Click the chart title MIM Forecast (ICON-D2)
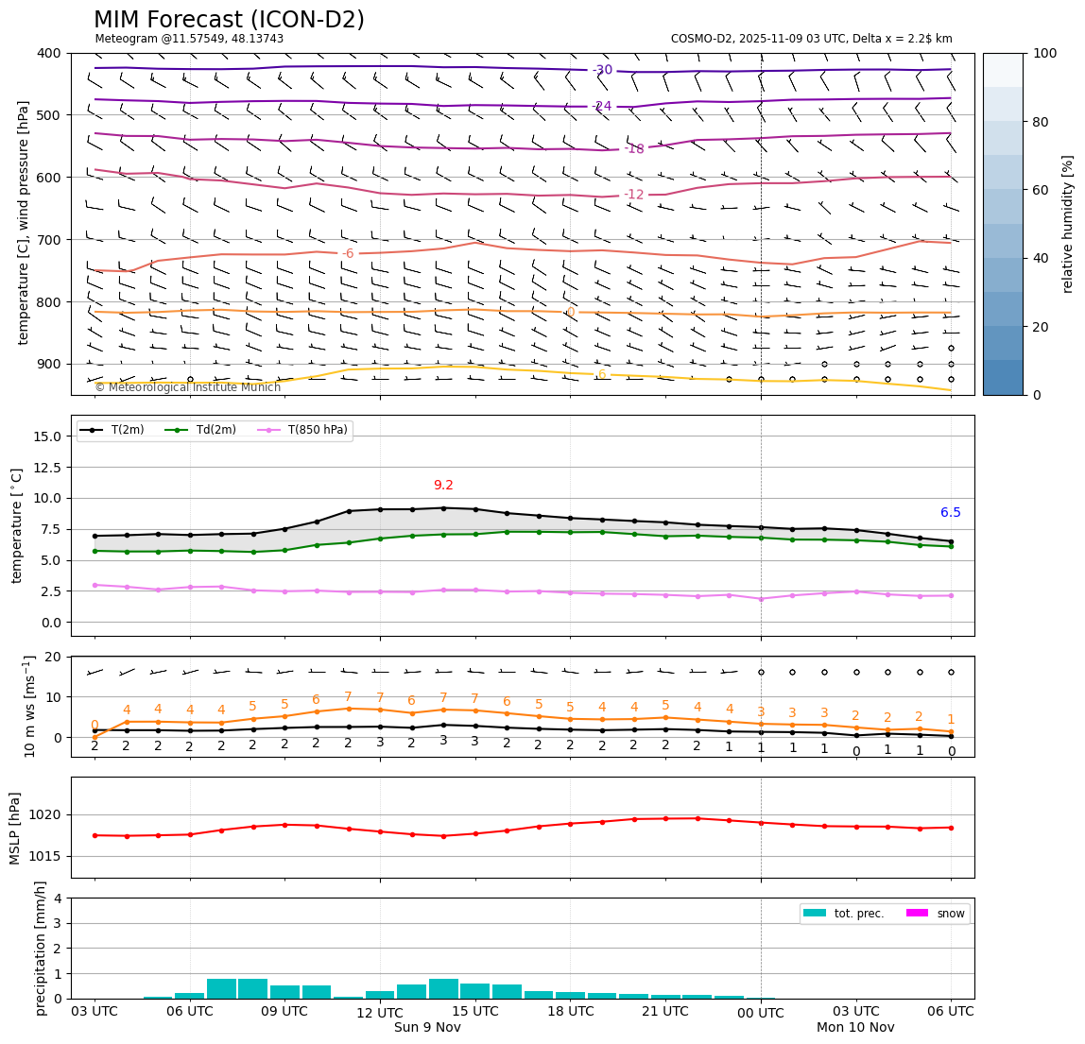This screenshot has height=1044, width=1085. pyautogui.click(x=229, y=20)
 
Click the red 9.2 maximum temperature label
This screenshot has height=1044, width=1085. pyautogui.click(x=443, y=485)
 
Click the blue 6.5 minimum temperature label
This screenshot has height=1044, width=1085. pyautogui.click(x=950, y=513)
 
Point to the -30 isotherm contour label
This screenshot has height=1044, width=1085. pyautogui.click(x=602, y=70)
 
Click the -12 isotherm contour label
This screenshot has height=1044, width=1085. pyautogui.click(x=633, y=195)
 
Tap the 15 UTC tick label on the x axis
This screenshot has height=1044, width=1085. pyautogui.click(x=475, y=1011)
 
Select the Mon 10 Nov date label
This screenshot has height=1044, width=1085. pyautogui.click(x=855, y=1027)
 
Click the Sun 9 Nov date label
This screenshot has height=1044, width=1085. pyautogui.click(x=427, y=1027)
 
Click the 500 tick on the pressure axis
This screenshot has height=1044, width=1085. pyautogui.click(x=48, y=115)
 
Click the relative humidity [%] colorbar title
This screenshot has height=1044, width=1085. pyautogui.click(x=1068, y=224)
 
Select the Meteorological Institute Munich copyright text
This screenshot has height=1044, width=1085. pyautogui.click(x=187, y=387)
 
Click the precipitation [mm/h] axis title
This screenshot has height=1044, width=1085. pyautogui.click(x=41, y=948)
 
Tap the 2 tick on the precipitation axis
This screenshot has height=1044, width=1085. pyautogui.click(x=58, y=949)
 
